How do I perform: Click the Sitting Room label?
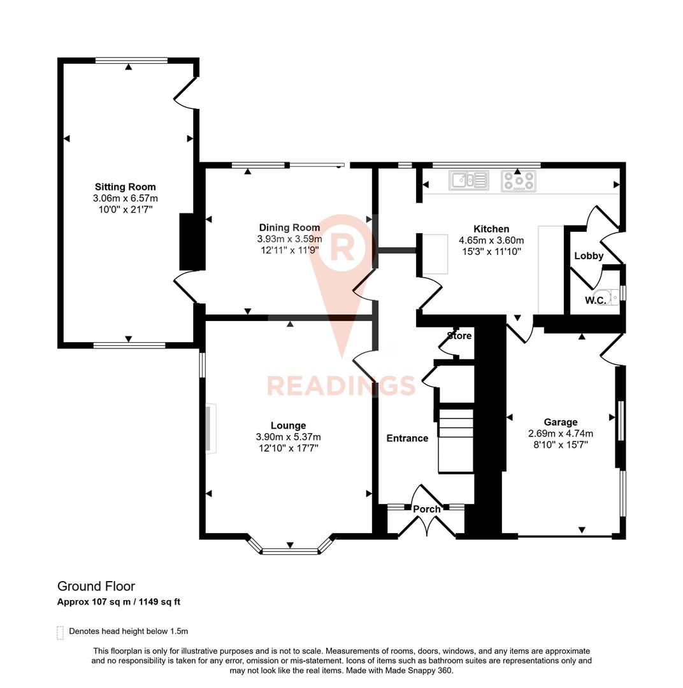(x=125, y=187)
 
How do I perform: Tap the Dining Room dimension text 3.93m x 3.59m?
(x=289, y=239)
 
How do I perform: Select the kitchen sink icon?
(x=468, y=181)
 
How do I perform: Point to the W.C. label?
(x=595, y=300)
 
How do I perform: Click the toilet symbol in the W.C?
(x=610, y=297)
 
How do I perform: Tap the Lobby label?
(x=588, y=256)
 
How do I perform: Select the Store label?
(x=459, y=335)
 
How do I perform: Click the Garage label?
(x=561, y=422)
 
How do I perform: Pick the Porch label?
(x=426, y=509)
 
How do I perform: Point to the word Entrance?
(x=407, y=438)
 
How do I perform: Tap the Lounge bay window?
(x=290, y=550)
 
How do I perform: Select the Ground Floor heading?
(x=96, y=586)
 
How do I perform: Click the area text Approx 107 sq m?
(x=95, y=602)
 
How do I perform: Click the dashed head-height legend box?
(x=61, y=632)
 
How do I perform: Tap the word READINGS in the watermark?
(x=341, y=385)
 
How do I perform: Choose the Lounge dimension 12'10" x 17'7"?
(x=288, y=448)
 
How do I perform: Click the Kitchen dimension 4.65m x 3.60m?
(x=491, y=240)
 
